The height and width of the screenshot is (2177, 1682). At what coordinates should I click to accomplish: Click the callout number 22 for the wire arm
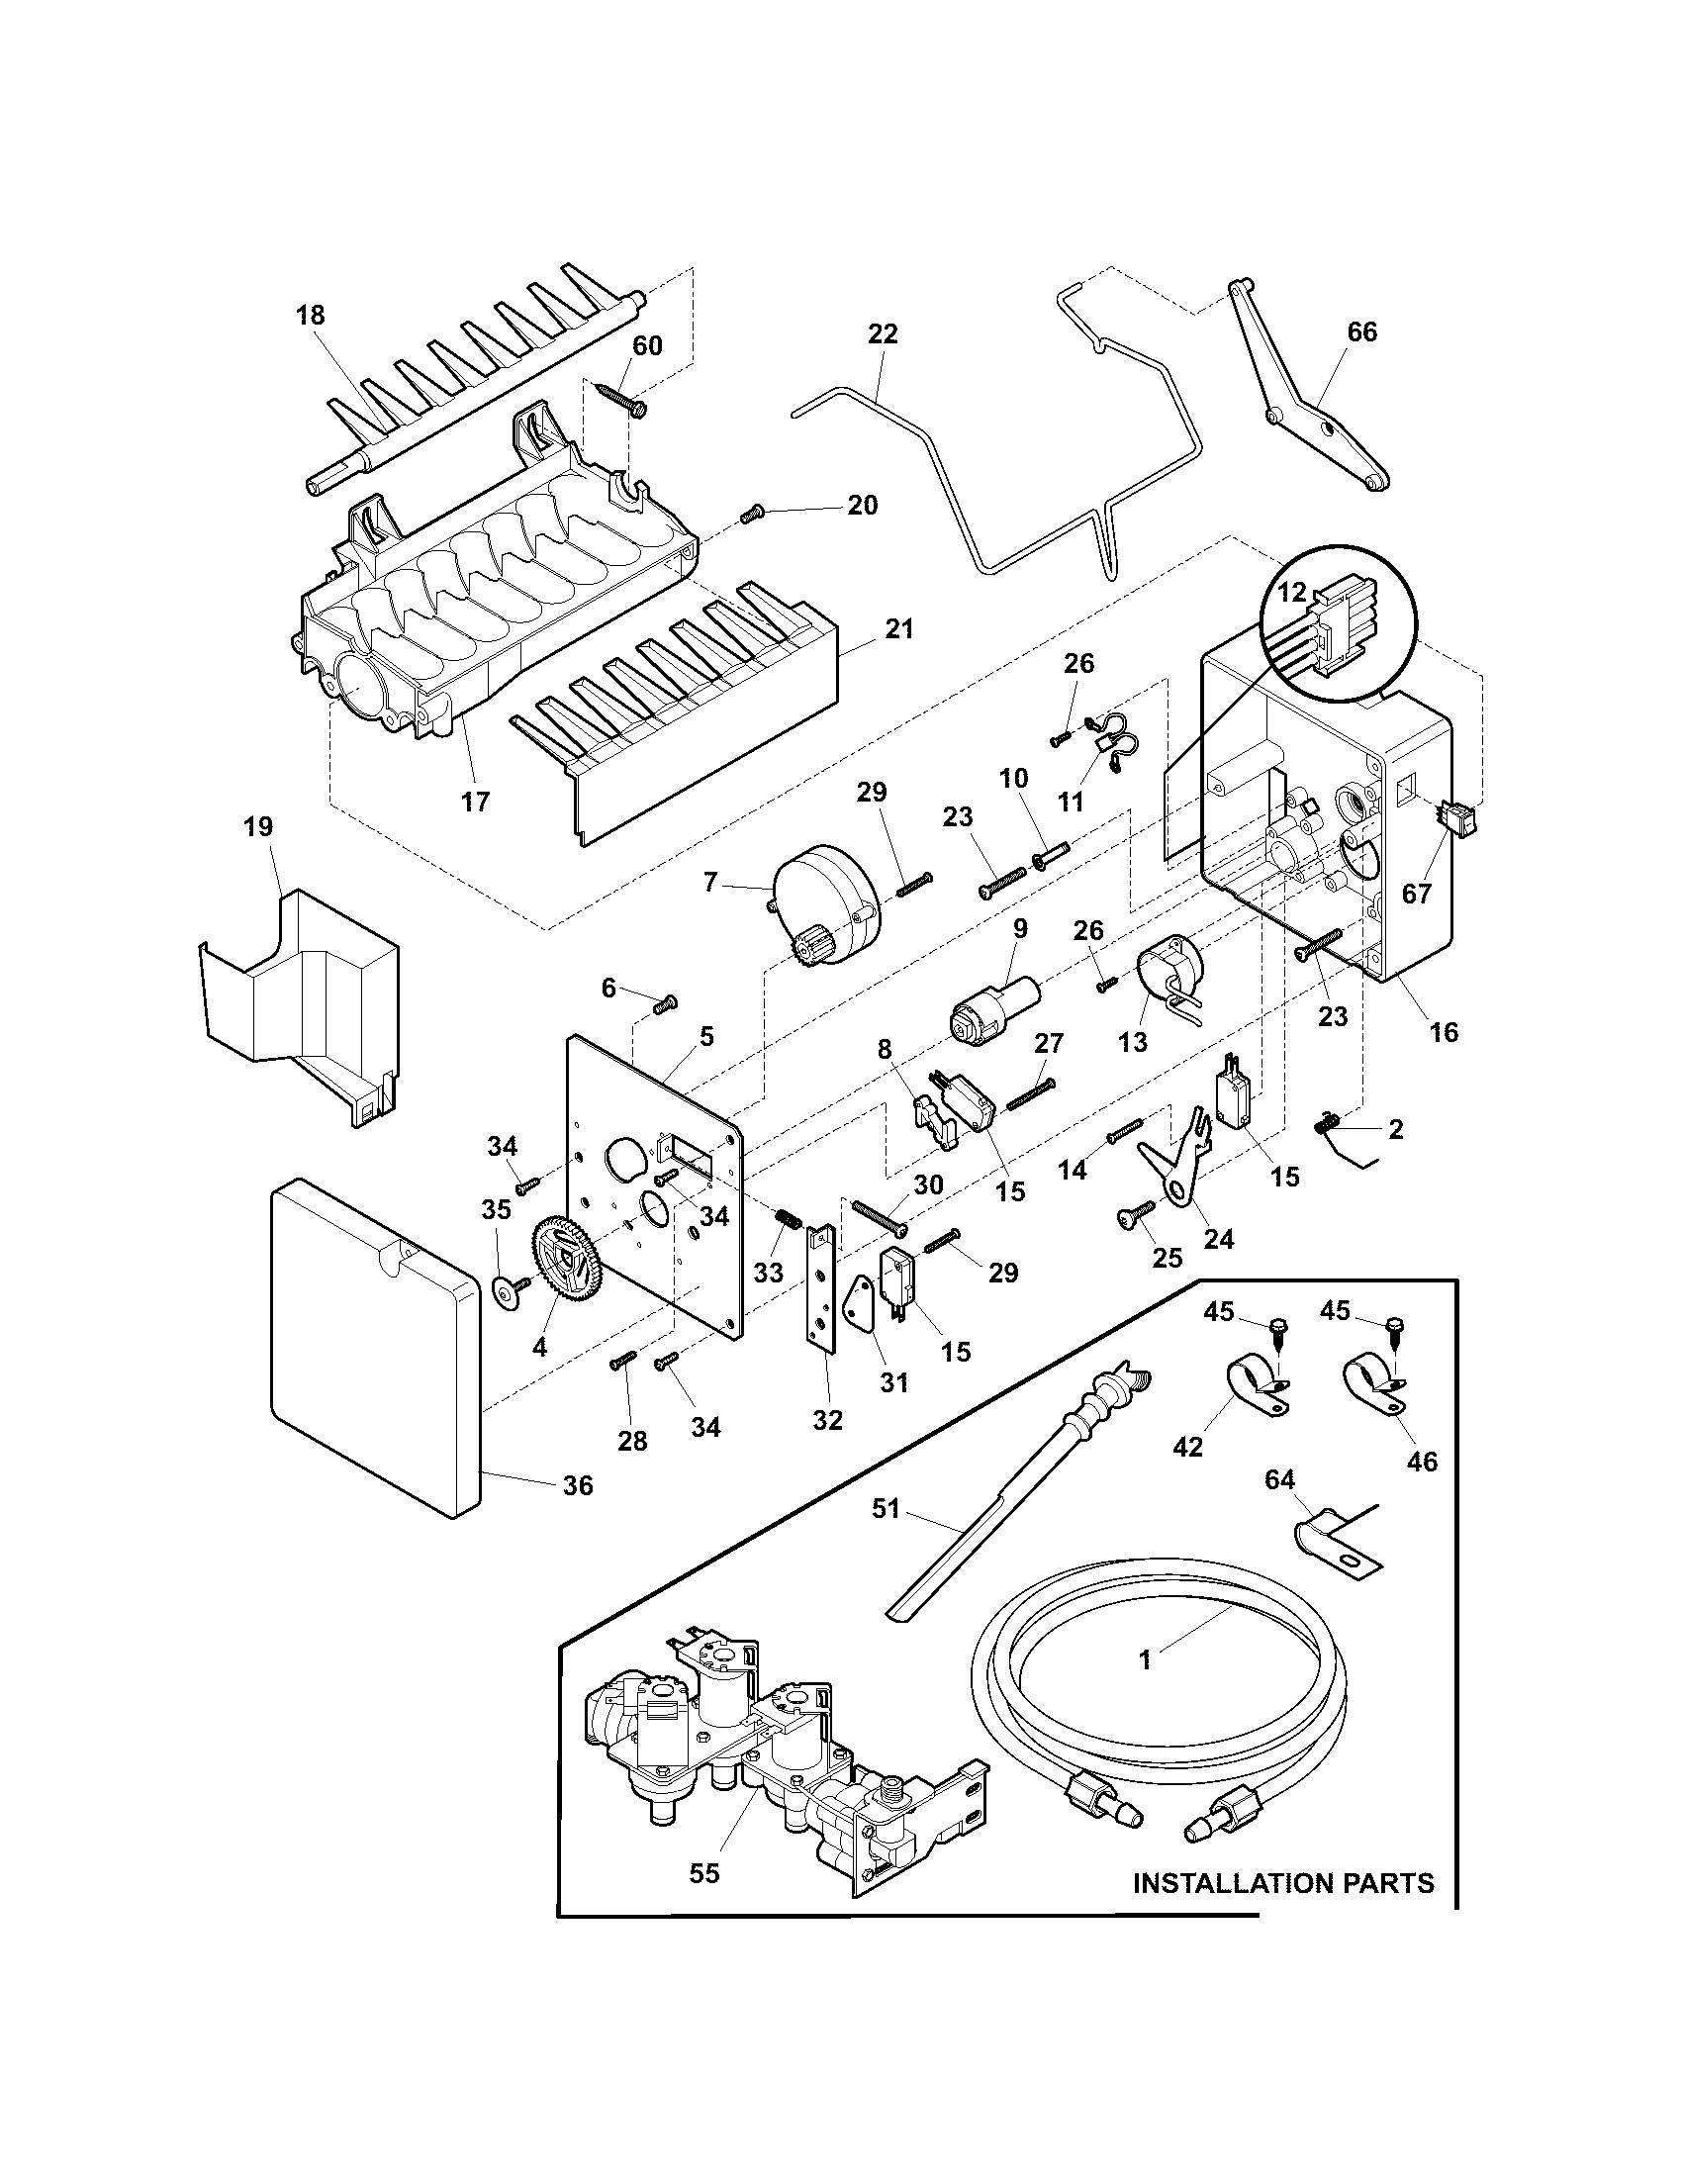click(x=883, y=333)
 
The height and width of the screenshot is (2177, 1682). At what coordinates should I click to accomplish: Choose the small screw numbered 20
click(x=752, y=514)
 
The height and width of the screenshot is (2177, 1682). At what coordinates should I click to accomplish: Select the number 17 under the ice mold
click(x=475, y=801)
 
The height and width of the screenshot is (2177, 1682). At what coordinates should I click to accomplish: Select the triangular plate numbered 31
click(x=861, y=1303)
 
